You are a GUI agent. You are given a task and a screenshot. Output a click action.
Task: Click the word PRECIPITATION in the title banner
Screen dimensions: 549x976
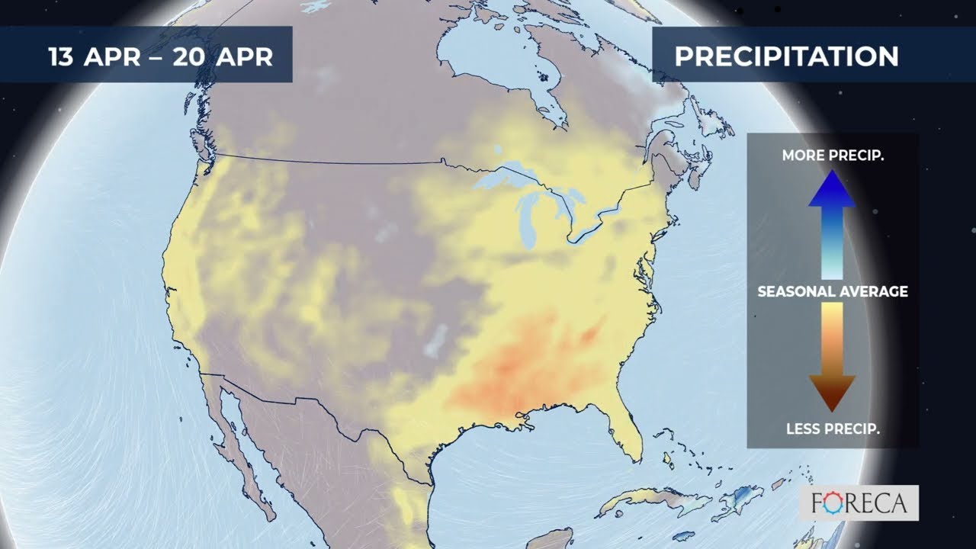tap(786, 56)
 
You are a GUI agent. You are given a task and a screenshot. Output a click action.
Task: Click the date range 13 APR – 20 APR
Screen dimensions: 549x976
tap(160, 56)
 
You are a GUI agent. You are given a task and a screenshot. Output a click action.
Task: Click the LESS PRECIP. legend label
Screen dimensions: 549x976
tap(833, 429)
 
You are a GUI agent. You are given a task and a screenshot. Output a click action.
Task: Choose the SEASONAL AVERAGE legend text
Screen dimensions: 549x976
tap(833, 291)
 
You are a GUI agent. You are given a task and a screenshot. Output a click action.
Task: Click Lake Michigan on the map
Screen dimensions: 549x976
tap(530, 221)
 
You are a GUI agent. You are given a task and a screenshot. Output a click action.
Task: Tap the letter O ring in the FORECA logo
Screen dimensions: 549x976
tap(840, 504)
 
